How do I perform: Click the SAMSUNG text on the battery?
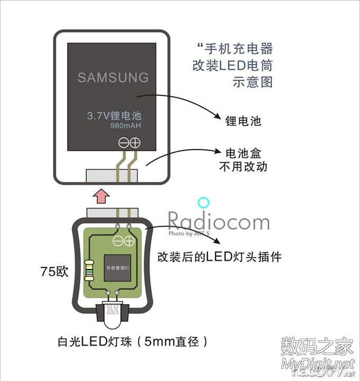coord(113,77)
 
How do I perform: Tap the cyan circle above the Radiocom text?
coord(204,203)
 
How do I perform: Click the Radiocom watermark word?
coord(218,221)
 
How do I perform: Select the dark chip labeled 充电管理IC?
coord(118,268)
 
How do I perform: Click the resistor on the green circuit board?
coord(88,269)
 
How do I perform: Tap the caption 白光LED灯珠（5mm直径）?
coord(131,342)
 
